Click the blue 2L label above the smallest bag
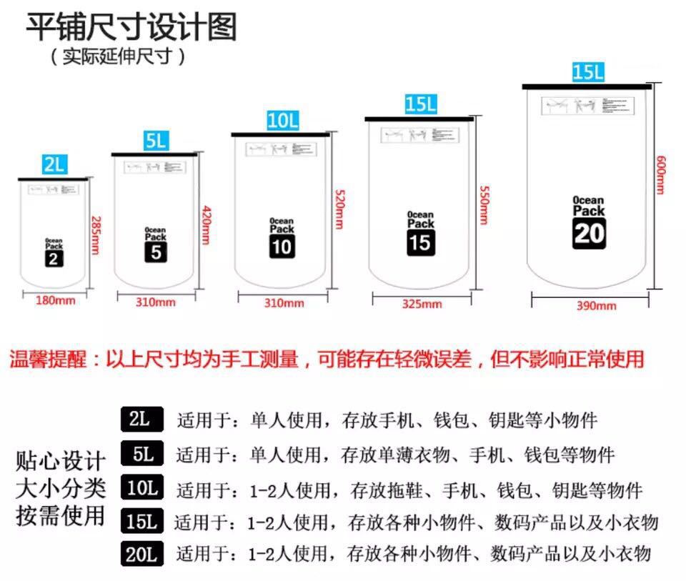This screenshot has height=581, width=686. click(54, 166)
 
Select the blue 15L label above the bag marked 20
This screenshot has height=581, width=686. click(588, 72)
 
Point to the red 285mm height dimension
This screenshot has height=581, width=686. click(94, 236)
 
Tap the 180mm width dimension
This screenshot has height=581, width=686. click(55, 300)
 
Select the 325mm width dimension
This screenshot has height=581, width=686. click(422, 304)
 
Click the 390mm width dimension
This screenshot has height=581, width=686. click(596, 306)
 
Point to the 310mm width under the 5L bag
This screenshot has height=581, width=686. click(156, 302)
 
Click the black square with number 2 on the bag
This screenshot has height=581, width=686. click(54, 258)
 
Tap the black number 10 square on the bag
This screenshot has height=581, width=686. click(282, 247)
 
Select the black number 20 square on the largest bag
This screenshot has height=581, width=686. click(589, 234)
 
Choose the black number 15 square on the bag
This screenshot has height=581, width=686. click(421, 242)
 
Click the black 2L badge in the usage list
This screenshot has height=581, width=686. click(141, 419)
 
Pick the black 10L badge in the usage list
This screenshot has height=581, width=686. click(141, 489)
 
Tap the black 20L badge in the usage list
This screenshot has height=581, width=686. click(141, 553)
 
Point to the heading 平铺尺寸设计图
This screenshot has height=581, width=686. click(131, 27)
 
